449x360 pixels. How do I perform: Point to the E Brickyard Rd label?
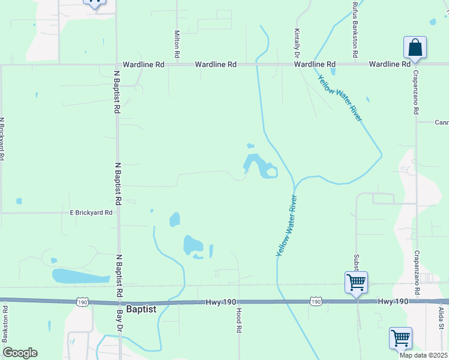[91, 212]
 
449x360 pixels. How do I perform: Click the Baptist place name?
[142, 309]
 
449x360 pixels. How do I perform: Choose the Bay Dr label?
[119, 321]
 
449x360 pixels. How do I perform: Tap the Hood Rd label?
[238, 320]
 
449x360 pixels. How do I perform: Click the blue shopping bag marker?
[415, 47]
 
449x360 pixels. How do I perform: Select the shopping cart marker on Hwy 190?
[356, 281]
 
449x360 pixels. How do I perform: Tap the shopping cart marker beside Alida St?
[400, 337]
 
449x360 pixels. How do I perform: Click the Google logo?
[20, 353]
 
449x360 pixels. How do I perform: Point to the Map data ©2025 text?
[423, 355]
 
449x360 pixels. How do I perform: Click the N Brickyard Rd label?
[2, 139]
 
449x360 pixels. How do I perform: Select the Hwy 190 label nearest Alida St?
[394, 302]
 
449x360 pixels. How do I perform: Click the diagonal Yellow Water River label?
[340, 98]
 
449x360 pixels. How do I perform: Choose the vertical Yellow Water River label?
[287, 226]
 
